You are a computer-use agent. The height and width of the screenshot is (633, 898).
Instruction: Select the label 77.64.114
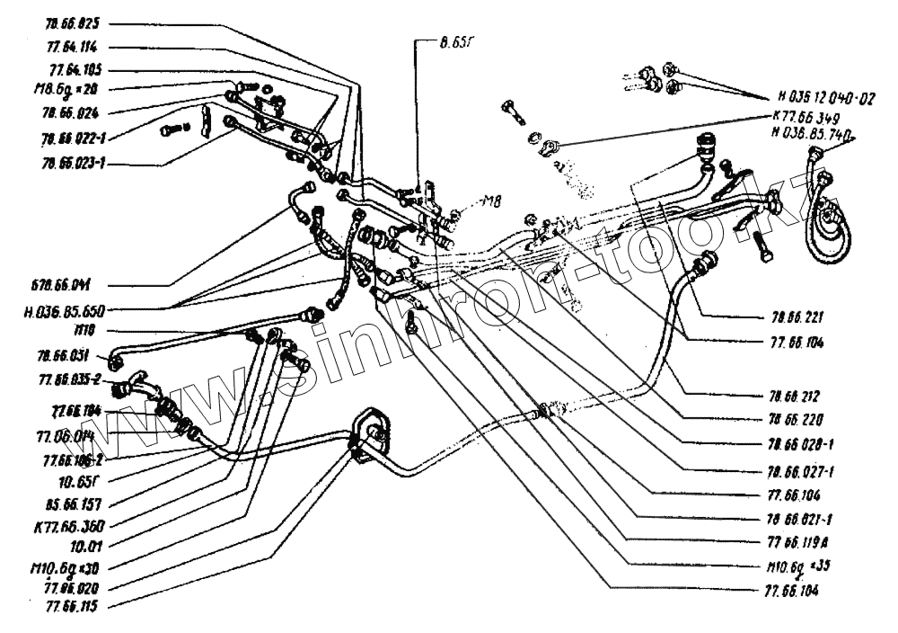pyautogui.click(x=75, y=46)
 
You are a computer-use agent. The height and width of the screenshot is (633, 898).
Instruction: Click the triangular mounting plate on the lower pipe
pyautogui.click(x=369, y=437)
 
